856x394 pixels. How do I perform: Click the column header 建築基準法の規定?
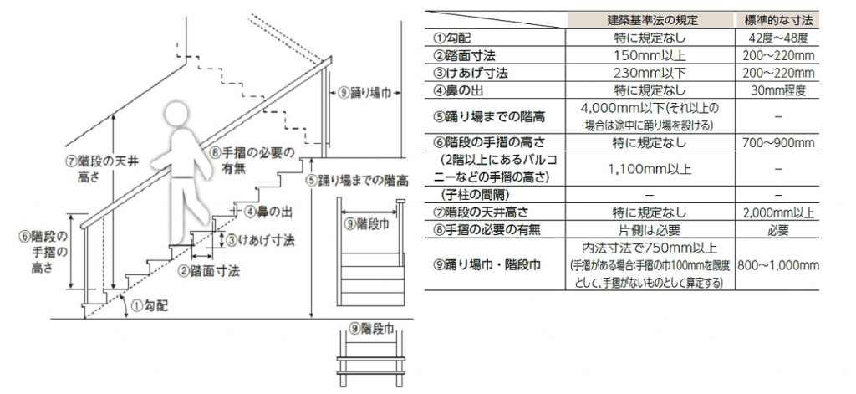point(652,21)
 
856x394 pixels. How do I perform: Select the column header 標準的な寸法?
point(778,21)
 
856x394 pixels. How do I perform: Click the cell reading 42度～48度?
point(778,38)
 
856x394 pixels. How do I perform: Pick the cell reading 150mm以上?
point(652,56)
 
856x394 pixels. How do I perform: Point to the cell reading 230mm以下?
point(652,74)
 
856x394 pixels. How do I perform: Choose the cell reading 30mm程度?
point(778,90)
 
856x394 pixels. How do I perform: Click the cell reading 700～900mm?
point(778,143)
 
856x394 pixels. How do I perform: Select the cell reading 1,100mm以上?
point(652,169)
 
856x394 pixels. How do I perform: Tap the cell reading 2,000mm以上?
point(778,212)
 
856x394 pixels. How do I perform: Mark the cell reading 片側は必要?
point(652,230)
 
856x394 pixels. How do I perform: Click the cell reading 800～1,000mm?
point(778,265)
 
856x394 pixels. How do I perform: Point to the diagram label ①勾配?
point(150,306)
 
